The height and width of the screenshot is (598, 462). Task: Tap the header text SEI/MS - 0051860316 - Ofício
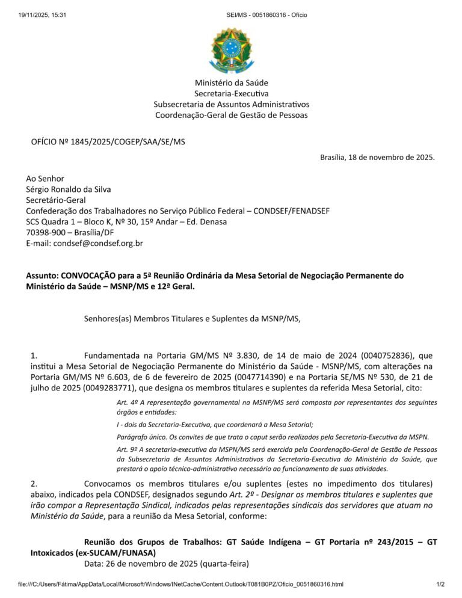(x=266, y=14)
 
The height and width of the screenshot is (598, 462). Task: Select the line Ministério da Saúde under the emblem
(x=231, y=82)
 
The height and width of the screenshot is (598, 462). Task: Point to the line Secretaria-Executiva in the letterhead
(x=231, y=93)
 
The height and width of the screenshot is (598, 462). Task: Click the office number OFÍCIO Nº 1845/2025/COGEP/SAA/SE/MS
(x=108, y=142)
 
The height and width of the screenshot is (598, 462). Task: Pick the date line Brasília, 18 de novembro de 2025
(x=377, y=158)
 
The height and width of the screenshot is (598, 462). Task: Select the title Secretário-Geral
(x=56, y=200)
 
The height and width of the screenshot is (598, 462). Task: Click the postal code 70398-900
(x=45, y=232)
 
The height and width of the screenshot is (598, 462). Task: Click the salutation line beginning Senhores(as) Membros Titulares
(x=192, y=318)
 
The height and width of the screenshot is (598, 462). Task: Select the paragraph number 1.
(x=34, y=356)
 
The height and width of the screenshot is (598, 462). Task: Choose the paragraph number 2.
(x=34, y=483)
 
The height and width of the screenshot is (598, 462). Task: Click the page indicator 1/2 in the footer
(x=440, y=584)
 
